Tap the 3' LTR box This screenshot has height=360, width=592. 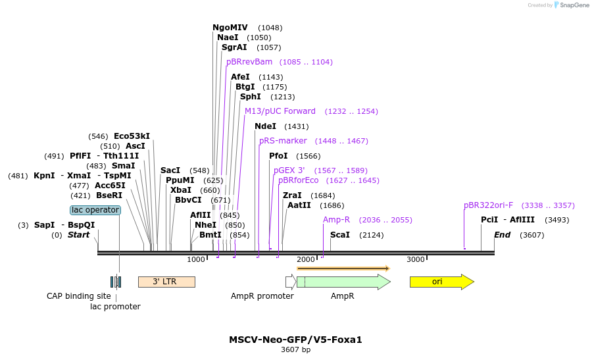pos(166,282)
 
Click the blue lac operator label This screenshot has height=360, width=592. pos(95,210)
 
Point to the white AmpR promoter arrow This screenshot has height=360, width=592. pos(291,282)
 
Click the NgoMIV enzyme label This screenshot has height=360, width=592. pos(230,28)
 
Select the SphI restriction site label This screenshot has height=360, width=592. pos(250,97)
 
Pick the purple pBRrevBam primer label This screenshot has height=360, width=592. pos(249,62)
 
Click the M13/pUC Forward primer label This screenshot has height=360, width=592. pos(280,111)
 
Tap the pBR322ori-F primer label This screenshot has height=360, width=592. pos(488,205)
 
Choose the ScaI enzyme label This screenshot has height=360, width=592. pos(340,235)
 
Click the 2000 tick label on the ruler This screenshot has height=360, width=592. pos(306,259)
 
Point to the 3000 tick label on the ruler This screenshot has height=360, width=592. pos(416,259)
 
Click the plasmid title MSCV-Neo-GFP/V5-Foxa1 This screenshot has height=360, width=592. pos(295,340)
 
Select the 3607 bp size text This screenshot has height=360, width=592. pos(295,350)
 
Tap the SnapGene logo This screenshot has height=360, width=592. pos(570,5)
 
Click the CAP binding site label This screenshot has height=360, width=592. pos(79,296)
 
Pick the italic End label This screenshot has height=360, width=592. pos(503,235)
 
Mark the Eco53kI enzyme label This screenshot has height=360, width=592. pos(132,136)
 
